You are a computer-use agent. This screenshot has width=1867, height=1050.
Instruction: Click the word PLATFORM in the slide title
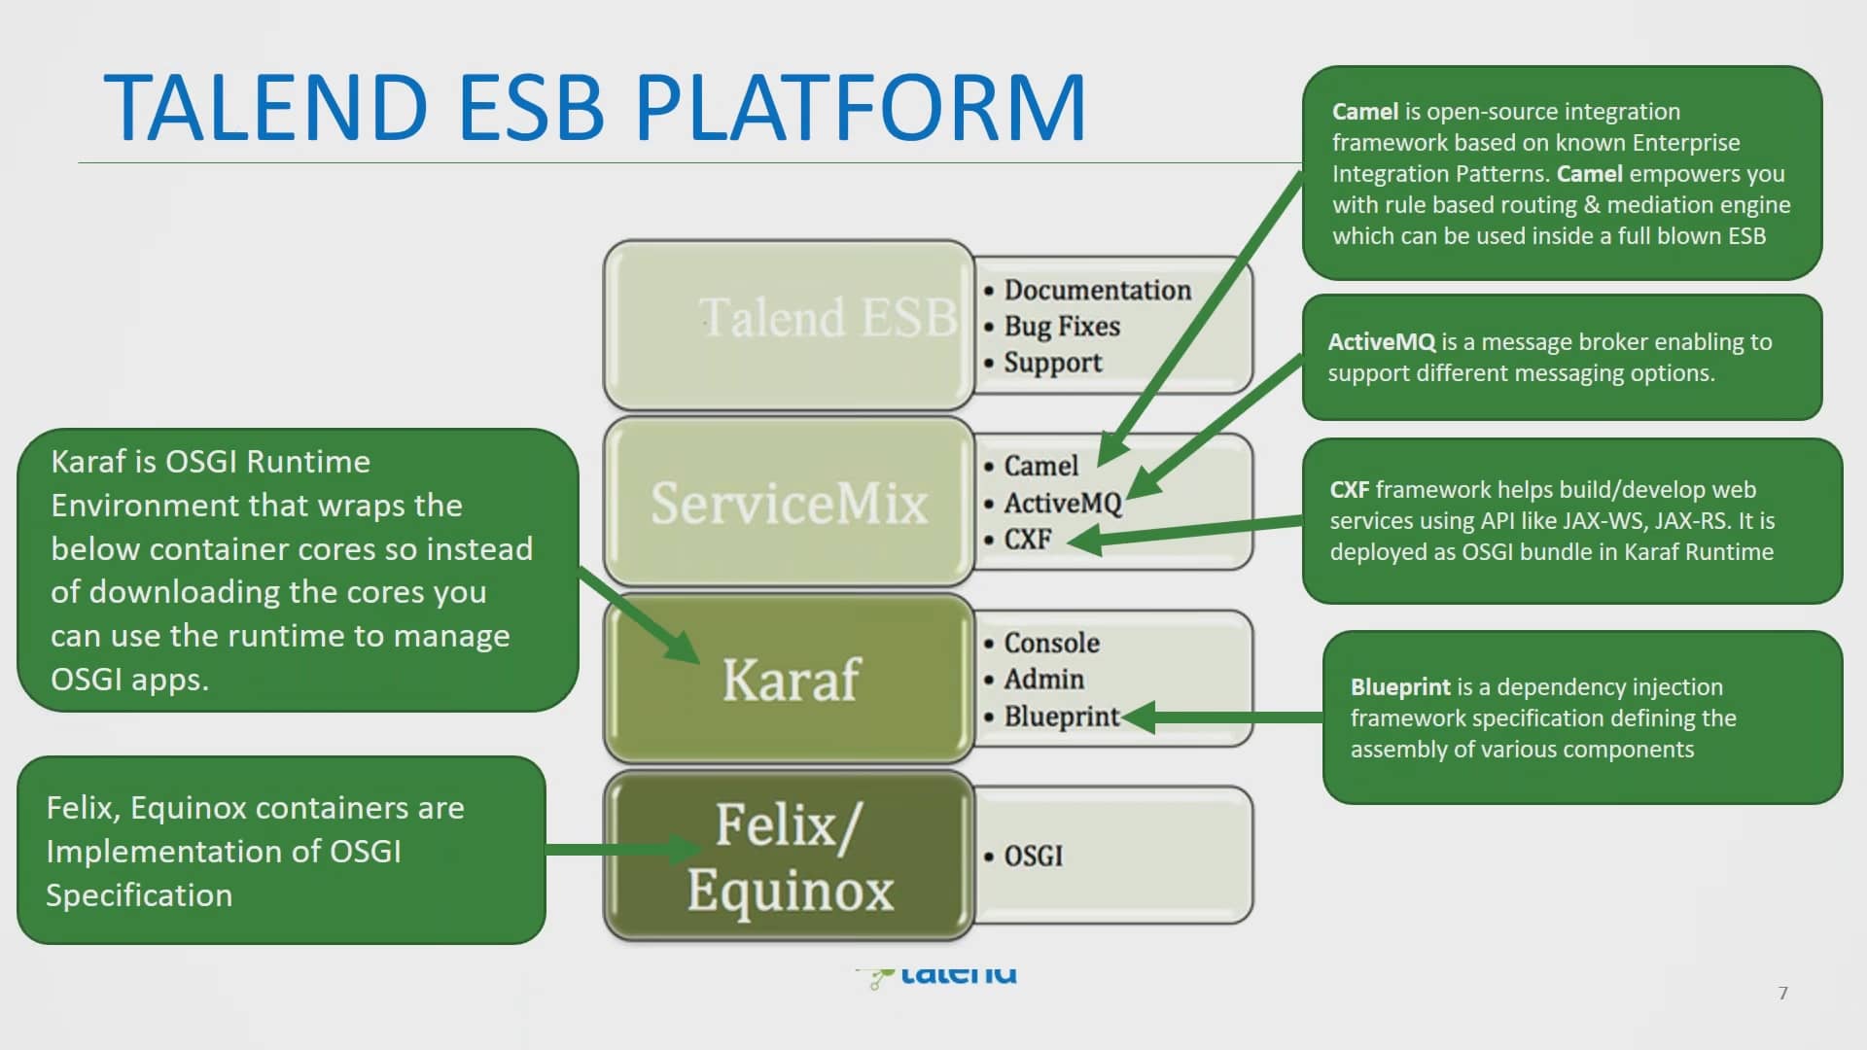click(861, 107)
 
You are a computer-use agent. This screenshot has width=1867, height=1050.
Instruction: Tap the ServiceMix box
click(789, 503)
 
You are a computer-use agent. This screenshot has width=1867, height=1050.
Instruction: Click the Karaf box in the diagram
click(789, 679)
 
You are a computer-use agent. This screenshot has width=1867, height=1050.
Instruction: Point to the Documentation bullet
click(1096, 290)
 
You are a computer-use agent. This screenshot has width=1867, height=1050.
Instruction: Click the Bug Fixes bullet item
click(1061, 326)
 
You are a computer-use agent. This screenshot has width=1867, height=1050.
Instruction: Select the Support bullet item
click(1052, 363)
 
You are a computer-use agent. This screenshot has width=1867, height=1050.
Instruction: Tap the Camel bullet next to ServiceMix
click(1040, 466)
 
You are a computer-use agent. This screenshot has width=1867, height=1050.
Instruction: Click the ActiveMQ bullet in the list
click(1062, 503)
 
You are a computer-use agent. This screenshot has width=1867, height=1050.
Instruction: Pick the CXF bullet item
click(1027, 539)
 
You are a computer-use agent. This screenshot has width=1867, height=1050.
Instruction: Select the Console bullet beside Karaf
click(1051, 643)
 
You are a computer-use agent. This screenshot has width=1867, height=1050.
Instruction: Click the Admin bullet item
click(1043, 679)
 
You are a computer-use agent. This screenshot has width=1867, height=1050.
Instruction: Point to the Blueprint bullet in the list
click(1061, 717)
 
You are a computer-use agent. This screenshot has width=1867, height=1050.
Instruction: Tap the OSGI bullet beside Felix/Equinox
click(1033, 857)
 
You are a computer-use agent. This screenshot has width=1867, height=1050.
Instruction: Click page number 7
click(1782, 993)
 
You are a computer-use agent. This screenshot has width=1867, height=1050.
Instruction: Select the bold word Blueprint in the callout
click(1399, 687)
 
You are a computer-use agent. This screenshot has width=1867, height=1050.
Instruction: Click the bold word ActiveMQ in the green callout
click(1381, 342)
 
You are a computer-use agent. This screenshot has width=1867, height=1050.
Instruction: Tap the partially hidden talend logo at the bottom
click(939, 974)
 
